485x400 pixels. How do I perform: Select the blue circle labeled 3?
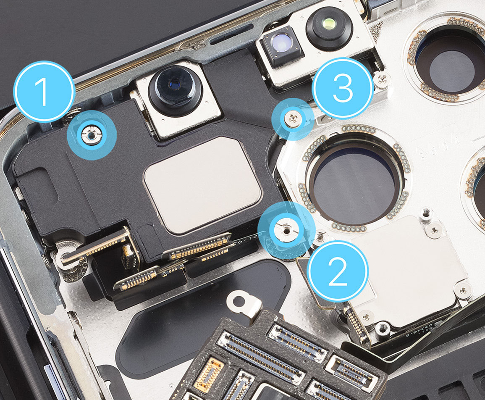(343, 89)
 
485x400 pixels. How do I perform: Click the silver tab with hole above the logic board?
(244, 305)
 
